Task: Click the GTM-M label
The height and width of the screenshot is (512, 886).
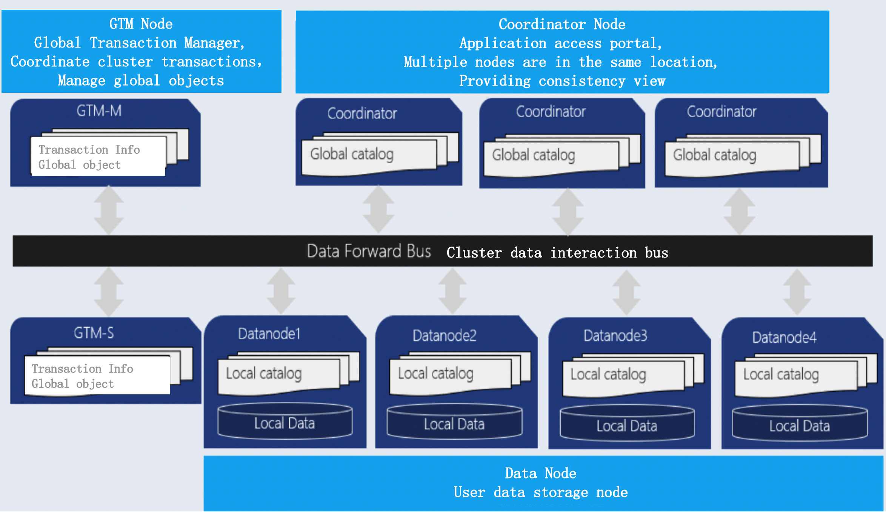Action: coord(99,111)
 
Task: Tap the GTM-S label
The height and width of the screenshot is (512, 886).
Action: coord(94,333)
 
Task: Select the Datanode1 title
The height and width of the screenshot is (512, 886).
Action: coord(269,334)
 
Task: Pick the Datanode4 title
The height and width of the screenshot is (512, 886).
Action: coord(784,337)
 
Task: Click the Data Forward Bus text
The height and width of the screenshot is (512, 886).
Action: coord(369,251)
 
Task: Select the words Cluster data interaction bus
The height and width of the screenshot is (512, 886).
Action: coord(557,253)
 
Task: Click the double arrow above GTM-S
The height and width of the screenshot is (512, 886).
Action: coord(109,292)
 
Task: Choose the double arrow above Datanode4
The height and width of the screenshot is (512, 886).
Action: coord(797,292)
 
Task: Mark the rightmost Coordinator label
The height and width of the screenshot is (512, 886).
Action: coord(721,112)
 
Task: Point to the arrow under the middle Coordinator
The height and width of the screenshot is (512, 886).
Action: coord(568,212)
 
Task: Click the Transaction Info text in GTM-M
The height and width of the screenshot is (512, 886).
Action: coord(89,150)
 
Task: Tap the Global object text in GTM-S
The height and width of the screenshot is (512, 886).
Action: coord(72,384)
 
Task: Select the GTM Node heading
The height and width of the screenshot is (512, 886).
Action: coord(141,24)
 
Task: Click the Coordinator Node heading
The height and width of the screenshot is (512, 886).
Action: coord(562,24)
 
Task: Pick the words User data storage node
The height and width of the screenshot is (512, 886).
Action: coord(540,492)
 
